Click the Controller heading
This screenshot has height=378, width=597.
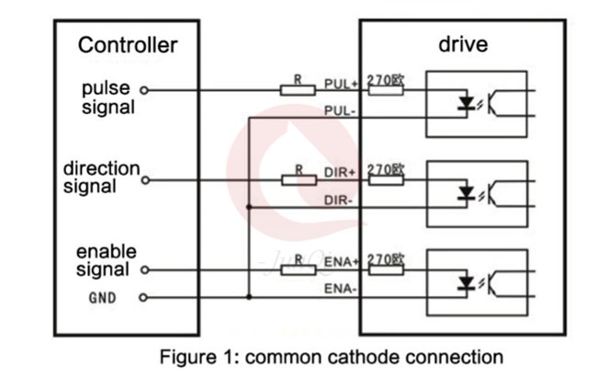pos(127,45)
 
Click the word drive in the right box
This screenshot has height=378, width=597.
pos(462,45)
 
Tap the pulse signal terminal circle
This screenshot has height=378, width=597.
pos(143,90)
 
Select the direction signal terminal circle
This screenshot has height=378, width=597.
pos(143,180)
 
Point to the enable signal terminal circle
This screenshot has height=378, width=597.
pos(143,270)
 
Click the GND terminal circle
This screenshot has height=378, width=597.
pos(143,297)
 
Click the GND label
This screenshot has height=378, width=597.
pos(101,298)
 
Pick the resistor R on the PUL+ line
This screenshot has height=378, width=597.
pos(298,90)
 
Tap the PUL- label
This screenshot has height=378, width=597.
pos(341,110)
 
